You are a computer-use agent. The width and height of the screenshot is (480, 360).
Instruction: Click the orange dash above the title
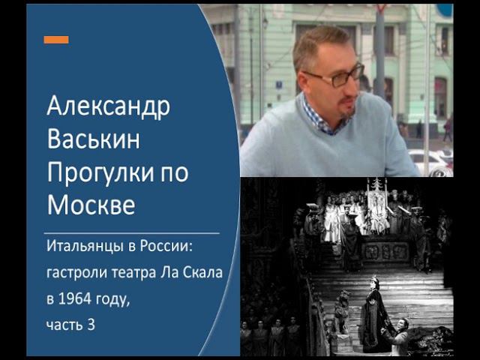55,40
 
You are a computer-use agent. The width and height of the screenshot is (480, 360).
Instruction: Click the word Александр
108,107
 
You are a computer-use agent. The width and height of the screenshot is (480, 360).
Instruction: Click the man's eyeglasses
340,76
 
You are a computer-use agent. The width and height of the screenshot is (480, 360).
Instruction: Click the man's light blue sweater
330,150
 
